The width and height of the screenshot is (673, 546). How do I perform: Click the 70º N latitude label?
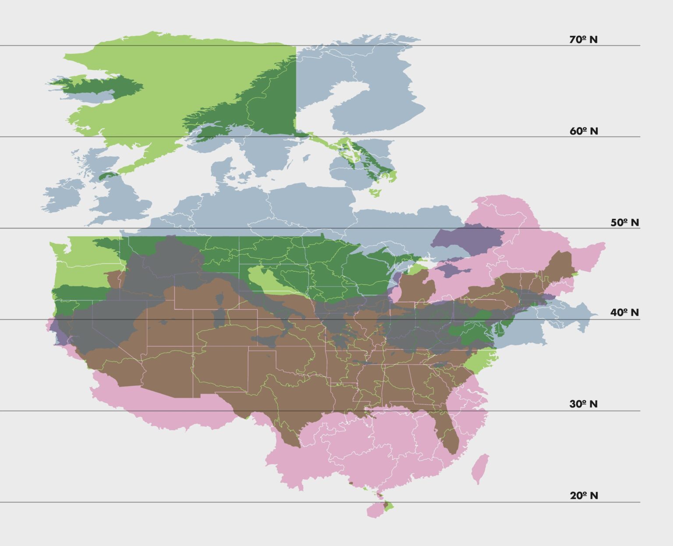tap(583, 40)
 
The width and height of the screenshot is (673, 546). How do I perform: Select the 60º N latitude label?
tap(584, 131)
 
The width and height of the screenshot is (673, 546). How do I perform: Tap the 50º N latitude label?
tap(625, 223)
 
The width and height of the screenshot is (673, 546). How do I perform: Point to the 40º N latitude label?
tap(624, 313)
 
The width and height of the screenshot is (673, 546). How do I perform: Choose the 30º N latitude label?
tap(583, 404)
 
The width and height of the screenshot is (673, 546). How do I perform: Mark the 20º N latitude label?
tap(584, 496)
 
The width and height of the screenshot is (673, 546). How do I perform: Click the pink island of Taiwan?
tap(480, 468)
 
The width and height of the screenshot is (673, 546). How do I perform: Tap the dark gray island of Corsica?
tap(218, 298)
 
